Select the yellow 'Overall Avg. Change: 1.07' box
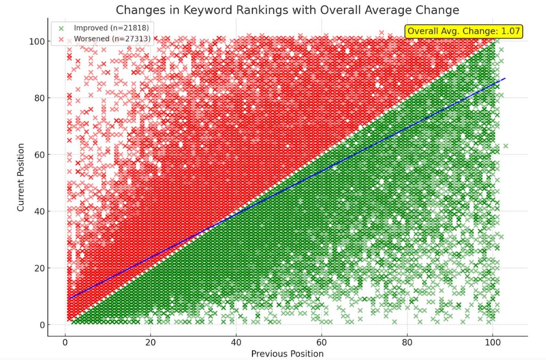click(464, 31)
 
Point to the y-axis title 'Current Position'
click(21, 177)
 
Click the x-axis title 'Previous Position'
click(287, 354)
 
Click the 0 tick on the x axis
click(65, 343)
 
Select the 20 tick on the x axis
click(150, 343)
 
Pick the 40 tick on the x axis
click(236, 343)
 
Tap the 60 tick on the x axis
click(321, 343)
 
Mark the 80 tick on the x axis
click(407, 343)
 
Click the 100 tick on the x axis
click(492, 343)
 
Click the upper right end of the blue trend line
click(504, 78)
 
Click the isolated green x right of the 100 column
click(506, 146)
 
